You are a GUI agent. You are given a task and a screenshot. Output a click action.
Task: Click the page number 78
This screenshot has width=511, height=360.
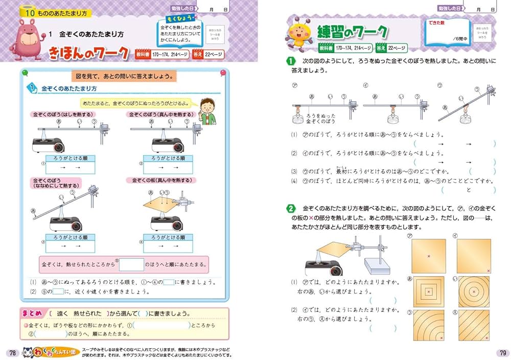(11, 352)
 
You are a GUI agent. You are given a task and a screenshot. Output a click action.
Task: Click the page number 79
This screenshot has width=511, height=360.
(501, 352)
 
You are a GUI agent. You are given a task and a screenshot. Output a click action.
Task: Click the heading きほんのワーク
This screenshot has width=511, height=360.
(89, 53)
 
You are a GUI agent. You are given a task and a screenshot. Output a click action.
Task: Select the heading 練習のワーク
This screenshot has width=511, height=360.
(352, 32)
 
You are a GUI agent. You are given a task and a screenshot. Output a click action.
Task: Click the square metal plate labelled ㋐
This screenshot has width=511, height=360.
(428, 255)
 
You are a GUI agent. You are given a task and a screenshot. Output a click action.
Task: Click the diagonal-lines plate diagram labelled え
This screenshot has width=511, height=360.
(474, 326)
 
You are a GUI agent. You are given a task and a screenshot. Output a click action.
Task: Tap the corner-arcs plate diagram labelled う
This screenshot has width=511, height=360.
(428, 326)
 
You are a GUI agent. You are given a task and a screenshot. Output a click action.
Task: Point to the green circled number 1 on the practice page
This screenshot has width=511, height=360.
(291, 61)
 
